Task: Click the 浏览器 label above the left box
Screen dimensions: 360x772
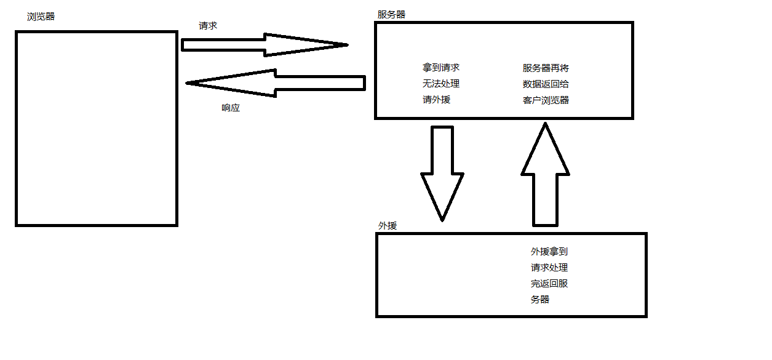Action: pos(41,17)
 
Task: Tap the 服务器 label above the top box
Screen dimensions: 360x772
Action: pos(391,14)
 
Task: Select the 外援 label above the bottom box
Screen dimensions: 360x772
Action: pos(388,226)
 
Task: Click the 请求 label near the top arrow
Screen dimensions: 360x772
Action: pos(208,26)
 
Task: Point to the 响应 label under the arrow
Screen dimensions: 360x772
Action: pos(231,108)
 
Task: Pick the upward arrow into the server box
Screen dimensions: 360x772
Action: pos(545,175)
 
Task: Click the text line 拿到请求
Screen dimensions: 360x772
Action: pos(441,68)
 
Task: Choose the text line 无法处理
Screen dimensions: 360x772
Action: pos(441,84)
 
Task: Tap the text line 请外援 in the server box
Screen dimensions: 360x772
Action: pos(436,99)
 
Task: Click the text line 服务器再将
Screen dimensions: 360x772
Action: pos(546,68)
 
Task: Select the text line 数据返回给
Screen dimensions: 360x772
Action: pos(546,84)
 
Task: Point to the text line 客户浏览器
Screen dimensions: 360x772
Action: pos(546,100)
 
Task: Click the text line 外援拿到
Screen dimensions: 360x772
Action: pos(554,252)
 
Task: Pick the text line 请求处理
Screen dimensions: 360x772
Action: pos(549,268)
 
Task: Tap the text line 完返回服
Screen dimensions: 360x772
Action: pos(549,284)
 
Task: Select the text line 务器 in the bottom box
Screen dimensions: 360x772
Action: pos(539,300)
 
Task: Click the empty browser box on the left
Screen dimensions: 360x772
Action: pos(97,129)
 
